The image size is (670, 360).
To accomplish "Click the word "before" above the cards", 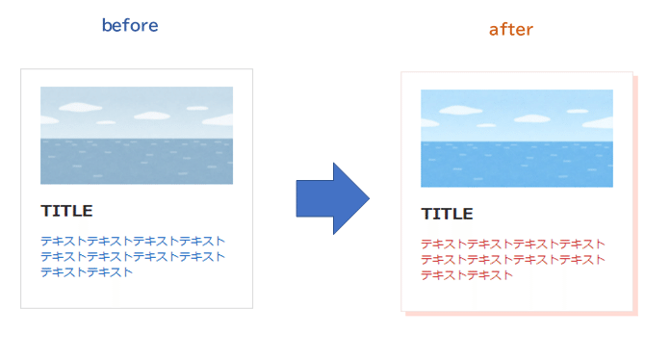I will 130,26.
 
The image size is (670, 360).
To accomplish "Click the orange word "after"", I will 510,30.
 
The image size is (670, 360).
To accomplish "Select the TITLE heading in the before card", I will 66,211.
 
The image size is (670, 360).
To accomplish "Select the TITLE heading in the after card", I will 447,214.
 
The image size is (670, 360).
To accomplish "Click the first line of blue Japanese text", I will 133,241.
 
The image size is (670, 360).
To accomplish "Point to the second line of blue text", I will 133,256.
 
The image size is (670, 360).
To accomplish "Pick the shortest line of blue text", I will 87,271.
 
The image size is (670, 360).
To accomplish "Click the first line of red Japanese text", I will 513,244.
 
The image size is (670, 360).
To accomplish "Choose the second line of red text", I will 513,259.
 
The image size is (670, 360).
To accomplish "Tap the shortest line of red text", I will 467,274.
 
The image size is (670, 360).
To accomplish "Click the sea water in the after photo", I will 516,165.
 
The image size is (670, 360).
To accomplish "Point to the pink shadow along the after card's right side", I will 634,193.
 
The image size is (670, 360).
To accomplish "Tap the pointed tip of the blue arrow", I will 367,197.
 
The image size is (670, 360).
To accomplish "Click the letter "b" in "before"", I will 107,26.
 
